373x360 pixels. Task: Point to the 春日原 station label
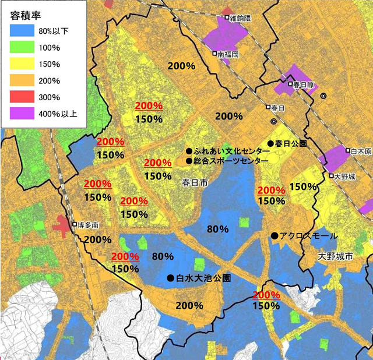(x=304, y=85)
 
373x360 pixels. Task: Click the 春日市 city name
(x=195, y=182)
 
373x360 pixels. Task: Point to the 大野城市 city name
(x=335, y=256)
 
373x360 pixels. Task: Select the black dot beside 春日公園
(x=270, y=143)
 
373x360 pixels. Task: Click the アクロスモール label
(x=308, y=236)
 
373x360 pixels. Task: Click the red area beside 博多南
(x=62, y=224)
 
